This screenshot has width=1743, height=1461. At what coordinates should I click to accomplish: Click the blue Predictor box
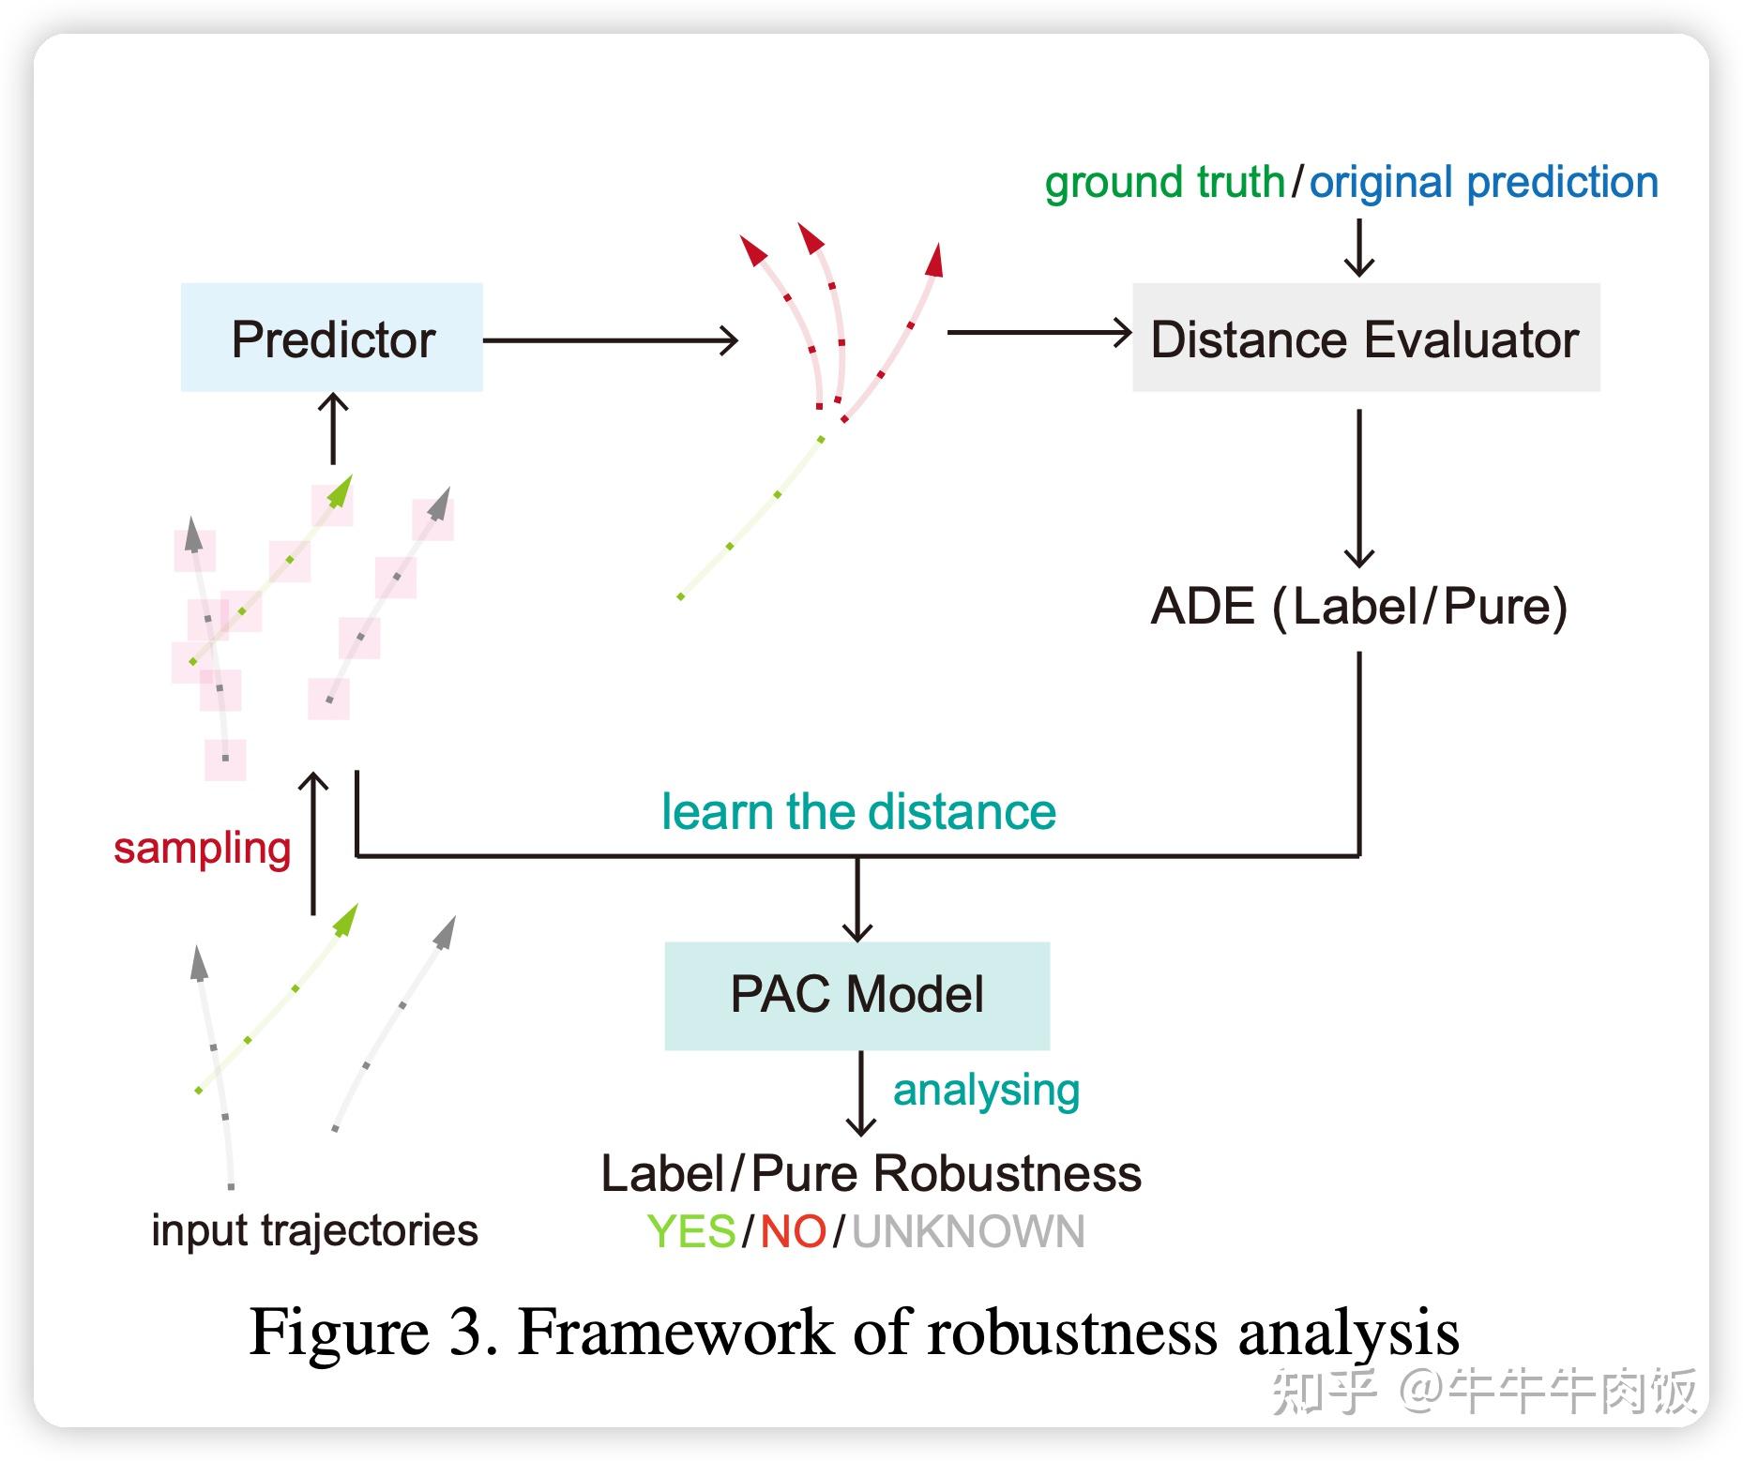point(332,338)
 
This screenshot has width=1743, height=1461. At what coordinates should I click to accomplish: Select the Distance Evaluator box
point(1365,338)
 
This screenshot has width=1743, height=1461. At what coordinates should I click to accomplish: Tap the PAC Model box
point(856,995)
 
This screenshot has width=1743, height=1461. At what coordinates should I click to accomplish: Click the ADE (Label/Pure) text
point(1358,606)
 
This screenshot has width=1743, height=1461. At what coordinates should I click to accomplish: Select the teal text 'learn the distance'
point(858,811)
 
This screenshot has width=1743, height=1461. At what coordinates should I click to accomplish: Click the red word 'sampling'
point(202,848)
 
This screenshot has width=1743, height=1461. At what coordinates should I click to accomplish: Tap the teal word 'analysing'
point(986,1090)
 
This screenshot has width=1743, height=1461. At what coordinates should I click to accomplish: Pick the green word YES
point(691,1231)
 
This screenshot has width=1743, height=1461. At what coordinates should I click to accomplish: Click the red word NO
point(793,1231)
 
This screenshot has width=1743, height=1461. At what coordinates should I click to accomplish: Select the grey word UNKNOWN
point(968,1231)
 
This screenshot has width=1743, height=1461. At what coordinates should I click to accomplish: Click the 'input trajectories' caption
point(314,1229)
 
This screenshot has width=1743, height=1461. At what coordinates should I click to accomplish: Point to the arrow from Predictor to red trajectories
point(610,339)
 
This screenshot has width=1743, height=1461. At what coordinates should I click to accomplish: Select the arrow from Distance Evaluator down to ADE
point(1358,488)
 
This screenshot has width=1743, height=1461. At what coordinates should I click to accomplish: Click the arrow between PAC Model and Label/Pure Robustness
point(860,1092)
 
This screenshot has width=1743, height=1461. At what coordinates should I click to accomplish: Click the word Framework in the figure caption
point(675,1331)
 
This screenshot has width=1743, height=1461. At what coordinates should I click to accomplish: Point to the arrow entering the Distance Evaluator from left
point(1039,332)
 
